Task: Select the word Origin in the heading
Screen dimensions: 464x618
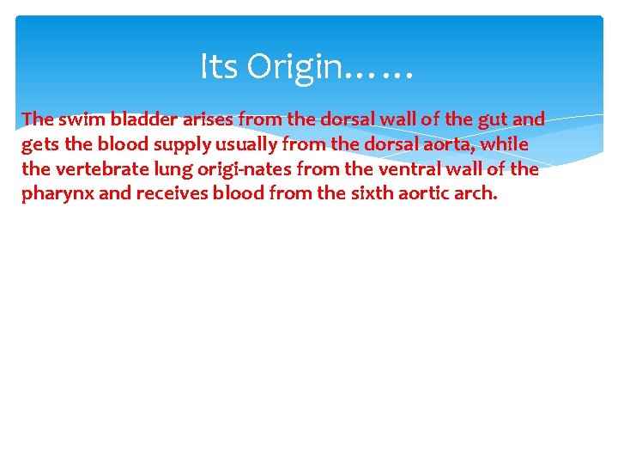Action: coord(294,66)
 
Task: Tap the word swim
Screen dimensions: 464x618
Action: coord(82,119)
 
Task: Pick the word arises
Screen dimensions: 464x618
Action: coord(210,119)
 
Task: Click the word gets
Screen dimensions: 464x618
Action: coord(39,144)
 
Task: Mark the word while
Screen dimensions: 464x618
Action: coord(506,143)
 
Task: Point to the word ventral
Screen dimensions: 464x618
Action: coord(402,169)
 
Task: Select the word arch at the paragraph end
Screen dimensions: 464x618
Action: coord(475,193)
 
